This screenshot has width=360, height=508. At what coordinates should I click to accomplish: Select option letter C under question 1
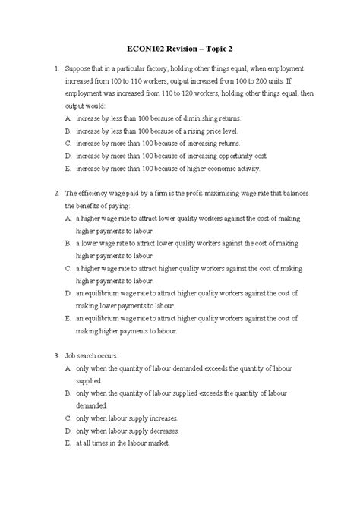click(x=68, y=142)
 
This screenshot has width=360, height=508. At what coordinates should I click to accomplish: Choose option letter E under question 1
click(x=68, y=168)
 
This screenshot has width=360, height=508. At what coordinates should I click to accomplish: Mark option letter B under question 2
click(x=68, y=244)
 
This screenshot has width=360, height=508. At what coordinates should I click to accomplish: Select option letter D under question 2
click(x=68, y=292)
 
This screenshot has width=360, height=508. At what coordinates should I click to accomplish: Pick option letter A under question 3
click(x=68, y=368)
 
